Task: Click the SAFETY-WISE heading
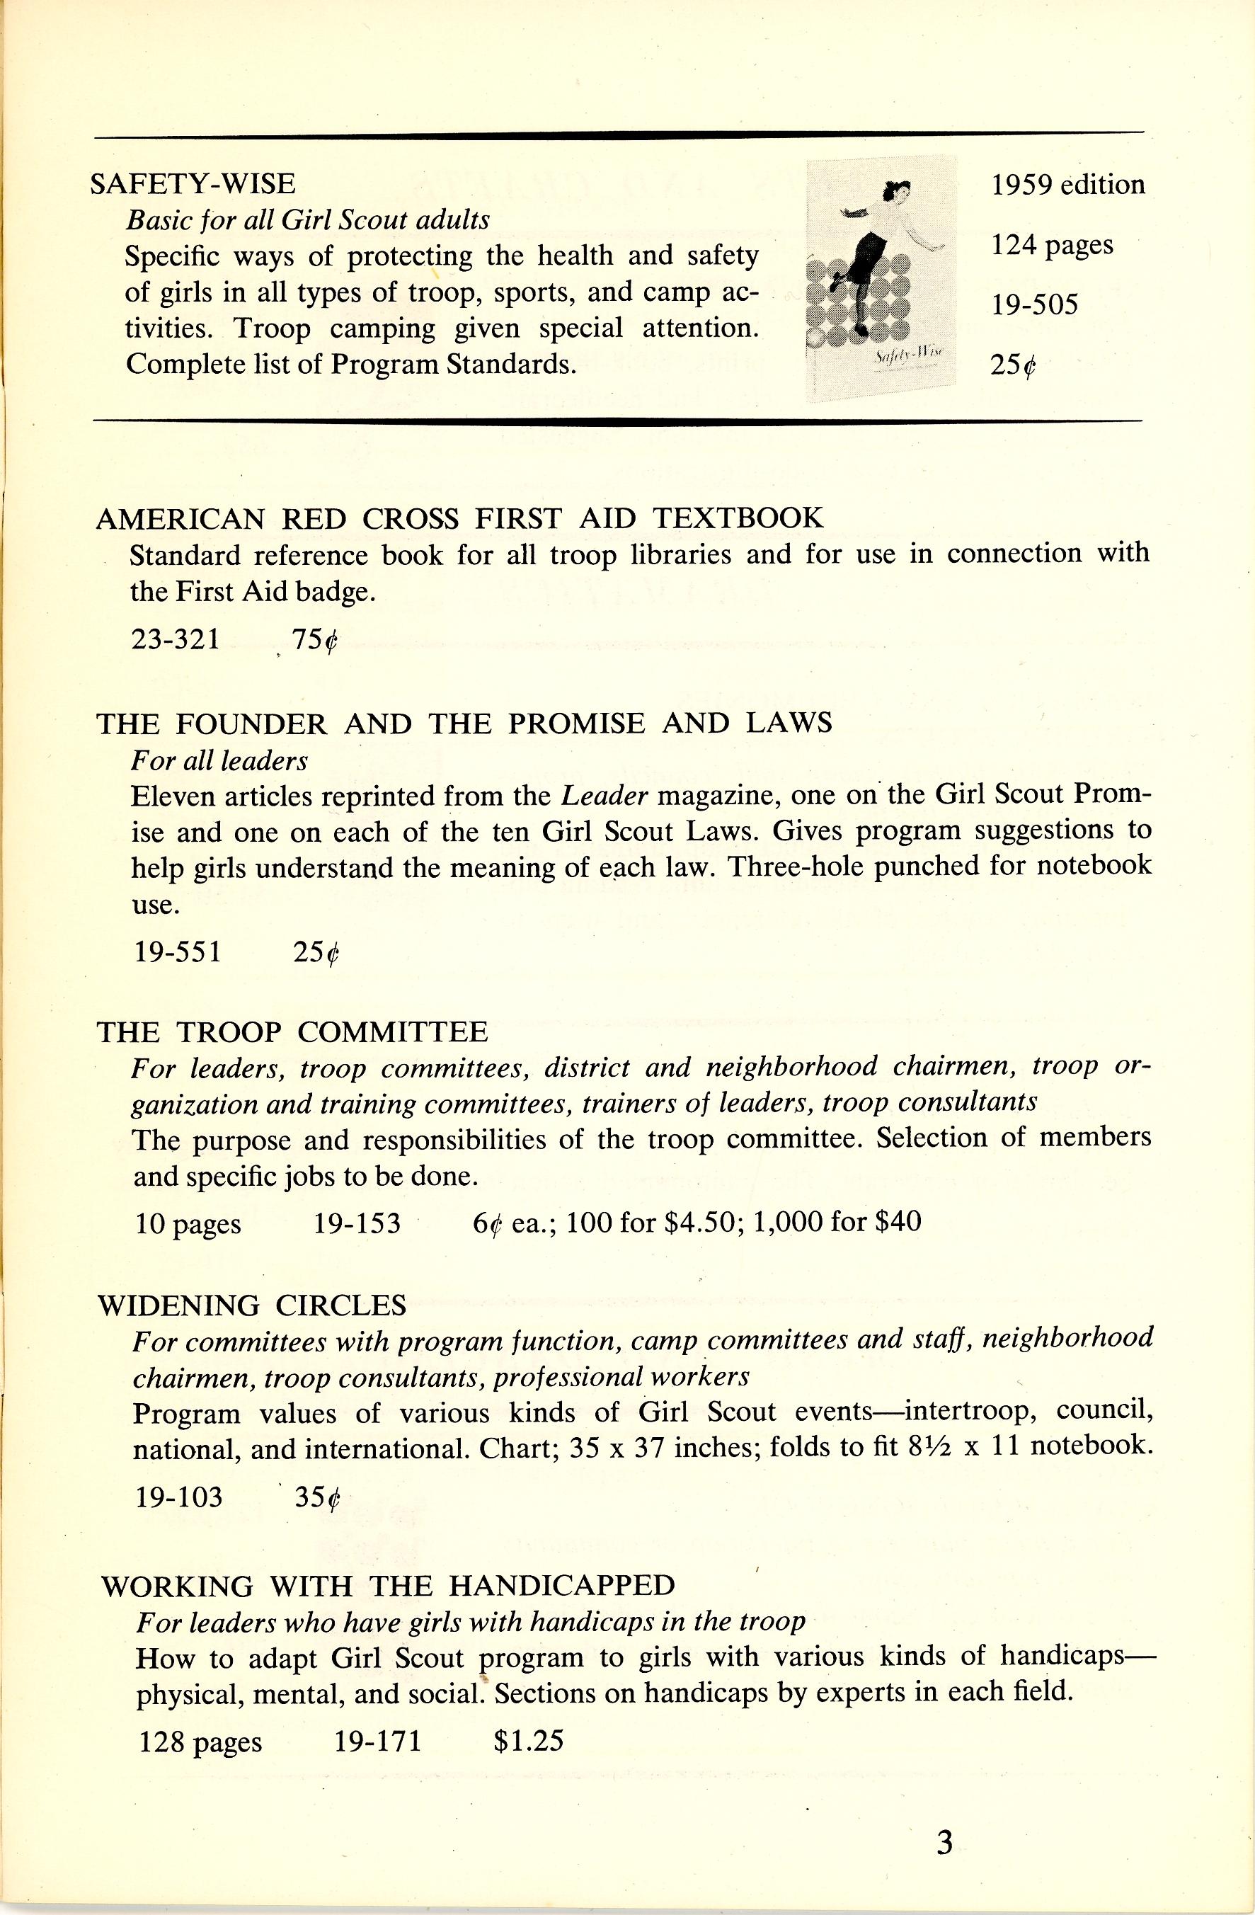click(193, 183)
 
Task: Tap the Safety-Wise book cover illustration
click(881, 278)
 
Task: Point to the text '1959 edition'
click(1067, 185)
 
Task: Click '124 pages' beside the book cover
click(1051, 245)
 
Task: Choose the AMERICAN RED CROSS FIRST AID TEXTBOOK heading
click(459, 518)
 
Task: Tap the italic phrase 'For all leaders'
click(219, 760)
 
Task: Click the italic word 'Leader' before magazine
click(604, 795)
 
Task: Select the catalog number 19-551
click(177, 952)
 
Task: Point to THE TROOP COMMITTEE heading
click(292, 1031)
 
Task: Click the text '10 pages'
click(188, 1224)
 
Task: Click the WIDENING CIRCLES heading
click(252, 1304)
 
